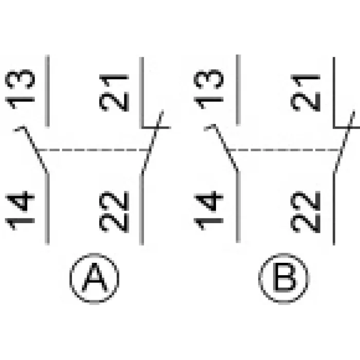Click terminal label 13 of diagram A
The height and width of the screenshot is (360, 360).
pyautogui.click(x=20, y=89)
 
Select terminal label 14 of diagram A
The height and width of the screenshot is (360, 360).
pyautogui.click(x=20, y=210)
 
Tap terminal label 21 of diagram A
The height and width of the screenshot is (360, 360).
pyautogui.click(x=114, y=93)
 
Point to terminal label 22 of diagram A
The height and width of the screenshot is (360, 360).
pyautogui.click(x=114, y=212)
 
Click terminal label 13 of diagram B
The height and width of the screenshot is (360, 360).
pyautogui.click(x=208, y=89)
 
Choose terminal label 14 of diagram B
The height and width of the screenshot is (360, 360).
pyautogui.click(x=208, y=210)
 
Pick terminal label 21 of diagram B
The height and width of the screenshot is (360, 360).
pyautogui.click(x=305, y=93)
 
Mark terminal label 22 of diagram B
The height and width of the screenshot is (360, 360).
pyautogui.click(x=305, y=212)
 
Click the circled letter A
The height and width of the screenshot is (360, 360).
pyautogui.click(x=94, y=278)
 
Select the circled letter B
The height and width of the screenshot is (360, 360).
pyautogui.click(x=284, y=278)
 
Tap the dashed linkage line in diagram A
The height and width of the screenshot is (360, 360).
pyautogui.click(x=94, y=150)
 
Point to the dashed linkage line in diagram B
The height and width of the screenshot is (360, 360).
pyautogui.click(x=284, y=150)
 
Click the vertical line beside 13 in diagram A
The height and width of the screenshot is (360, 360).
pyautogui.click(x=47, y=91)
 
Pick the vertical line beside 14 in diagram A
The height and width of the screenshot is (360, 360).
pyautogui.click(x=47, y=209)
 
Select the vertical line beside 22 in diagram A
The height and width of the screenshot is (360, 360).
pyautogui.click(x=141, y=209)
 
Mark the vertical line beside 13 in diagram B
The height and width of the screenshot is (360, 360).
pyautogui.click(x=238, y=90)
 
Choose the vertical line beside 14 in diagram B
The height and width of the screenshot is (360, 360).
pyautogui.click(x=238, y=207)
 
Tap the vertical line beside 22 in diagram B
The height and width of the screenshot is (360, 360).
pyautogui.click(x=334, y=208)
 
